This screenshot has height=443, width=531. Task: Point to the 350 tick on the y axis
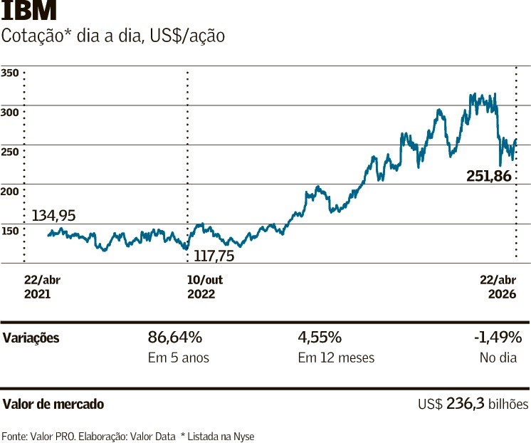pyautogui.click(x=10, y=73)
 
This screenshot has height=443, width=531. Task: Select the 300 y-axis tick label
pyautogui.click(x=10, y=112)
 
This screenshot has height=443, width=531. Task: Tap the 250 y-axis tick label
pyautogui.click(x=10, y=152)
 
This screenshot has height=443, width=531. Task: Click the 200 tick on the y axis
pyautogui.click(x=10, y=191)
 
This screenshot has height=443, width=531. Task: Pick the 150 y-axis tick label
pyautogui.click(x=10, y=231)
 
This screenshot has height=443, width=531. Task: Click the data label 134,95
pyautogui.click(x=53, y=215)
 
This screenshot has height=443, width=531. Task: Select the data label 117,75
pyautogui.click(x=214, y=254)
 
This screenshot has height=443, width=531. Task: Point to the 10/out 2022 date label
pyautogui.click(x=205, y=286)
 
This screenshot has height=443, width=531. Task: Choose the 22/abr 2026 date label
pyautogui.click(x=497, y=286)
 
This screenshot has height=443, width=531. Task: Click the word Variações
pyautogui.click(x=31, y=338)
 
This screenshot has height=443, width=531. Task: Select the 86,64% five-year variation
pyautogui.click(x=175, y=337)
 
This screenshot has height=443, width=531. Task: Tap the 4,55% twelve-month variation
pyautogui.click(x=320, y=337)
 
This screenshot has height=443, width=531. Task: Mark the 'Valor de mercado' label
pyautogui.click(x=53, y=404)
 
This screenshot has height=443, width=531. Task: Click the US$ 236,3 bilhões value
pyautogui.click(x=473, y=404)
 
